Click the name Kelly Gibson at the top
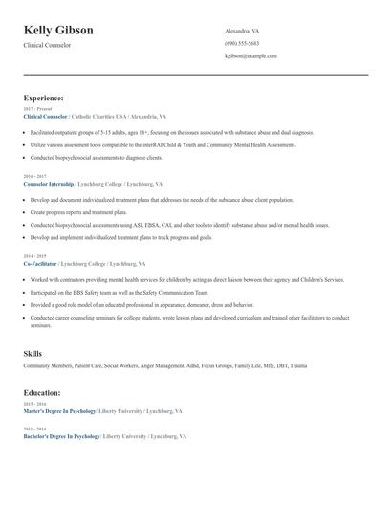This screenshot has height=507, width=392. click(x=58, y=31)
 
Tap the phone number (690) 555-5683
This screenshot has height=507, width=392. click(x=241, y=43)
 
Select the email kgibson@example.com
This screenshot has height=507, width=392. click(x=250, y=55)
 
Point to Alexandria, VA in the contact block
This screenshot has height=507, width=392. click(x=243, y=31)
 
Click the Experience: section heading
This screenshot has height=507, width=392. click(x=44, y=98)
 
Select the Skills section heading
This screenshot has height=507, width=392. click(x=33, y=354)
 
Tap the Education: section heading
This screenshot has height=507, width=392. click(x=43, y=392)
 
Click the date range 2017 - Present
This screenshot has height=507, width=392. click(x=36, y=109)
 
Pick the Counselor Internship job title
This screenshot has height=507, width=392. click(x=51, y=183)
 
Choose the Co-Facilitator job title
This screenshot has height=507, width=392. click(x=41, y=263)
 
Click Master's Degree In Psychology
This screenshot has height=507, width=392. click(x=59, y=410)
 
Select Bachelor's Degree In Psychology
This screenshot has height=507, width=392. click(x=61, y=435)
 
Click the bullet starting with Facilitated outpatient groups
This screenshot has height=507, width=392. click(x=153, y=130)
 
